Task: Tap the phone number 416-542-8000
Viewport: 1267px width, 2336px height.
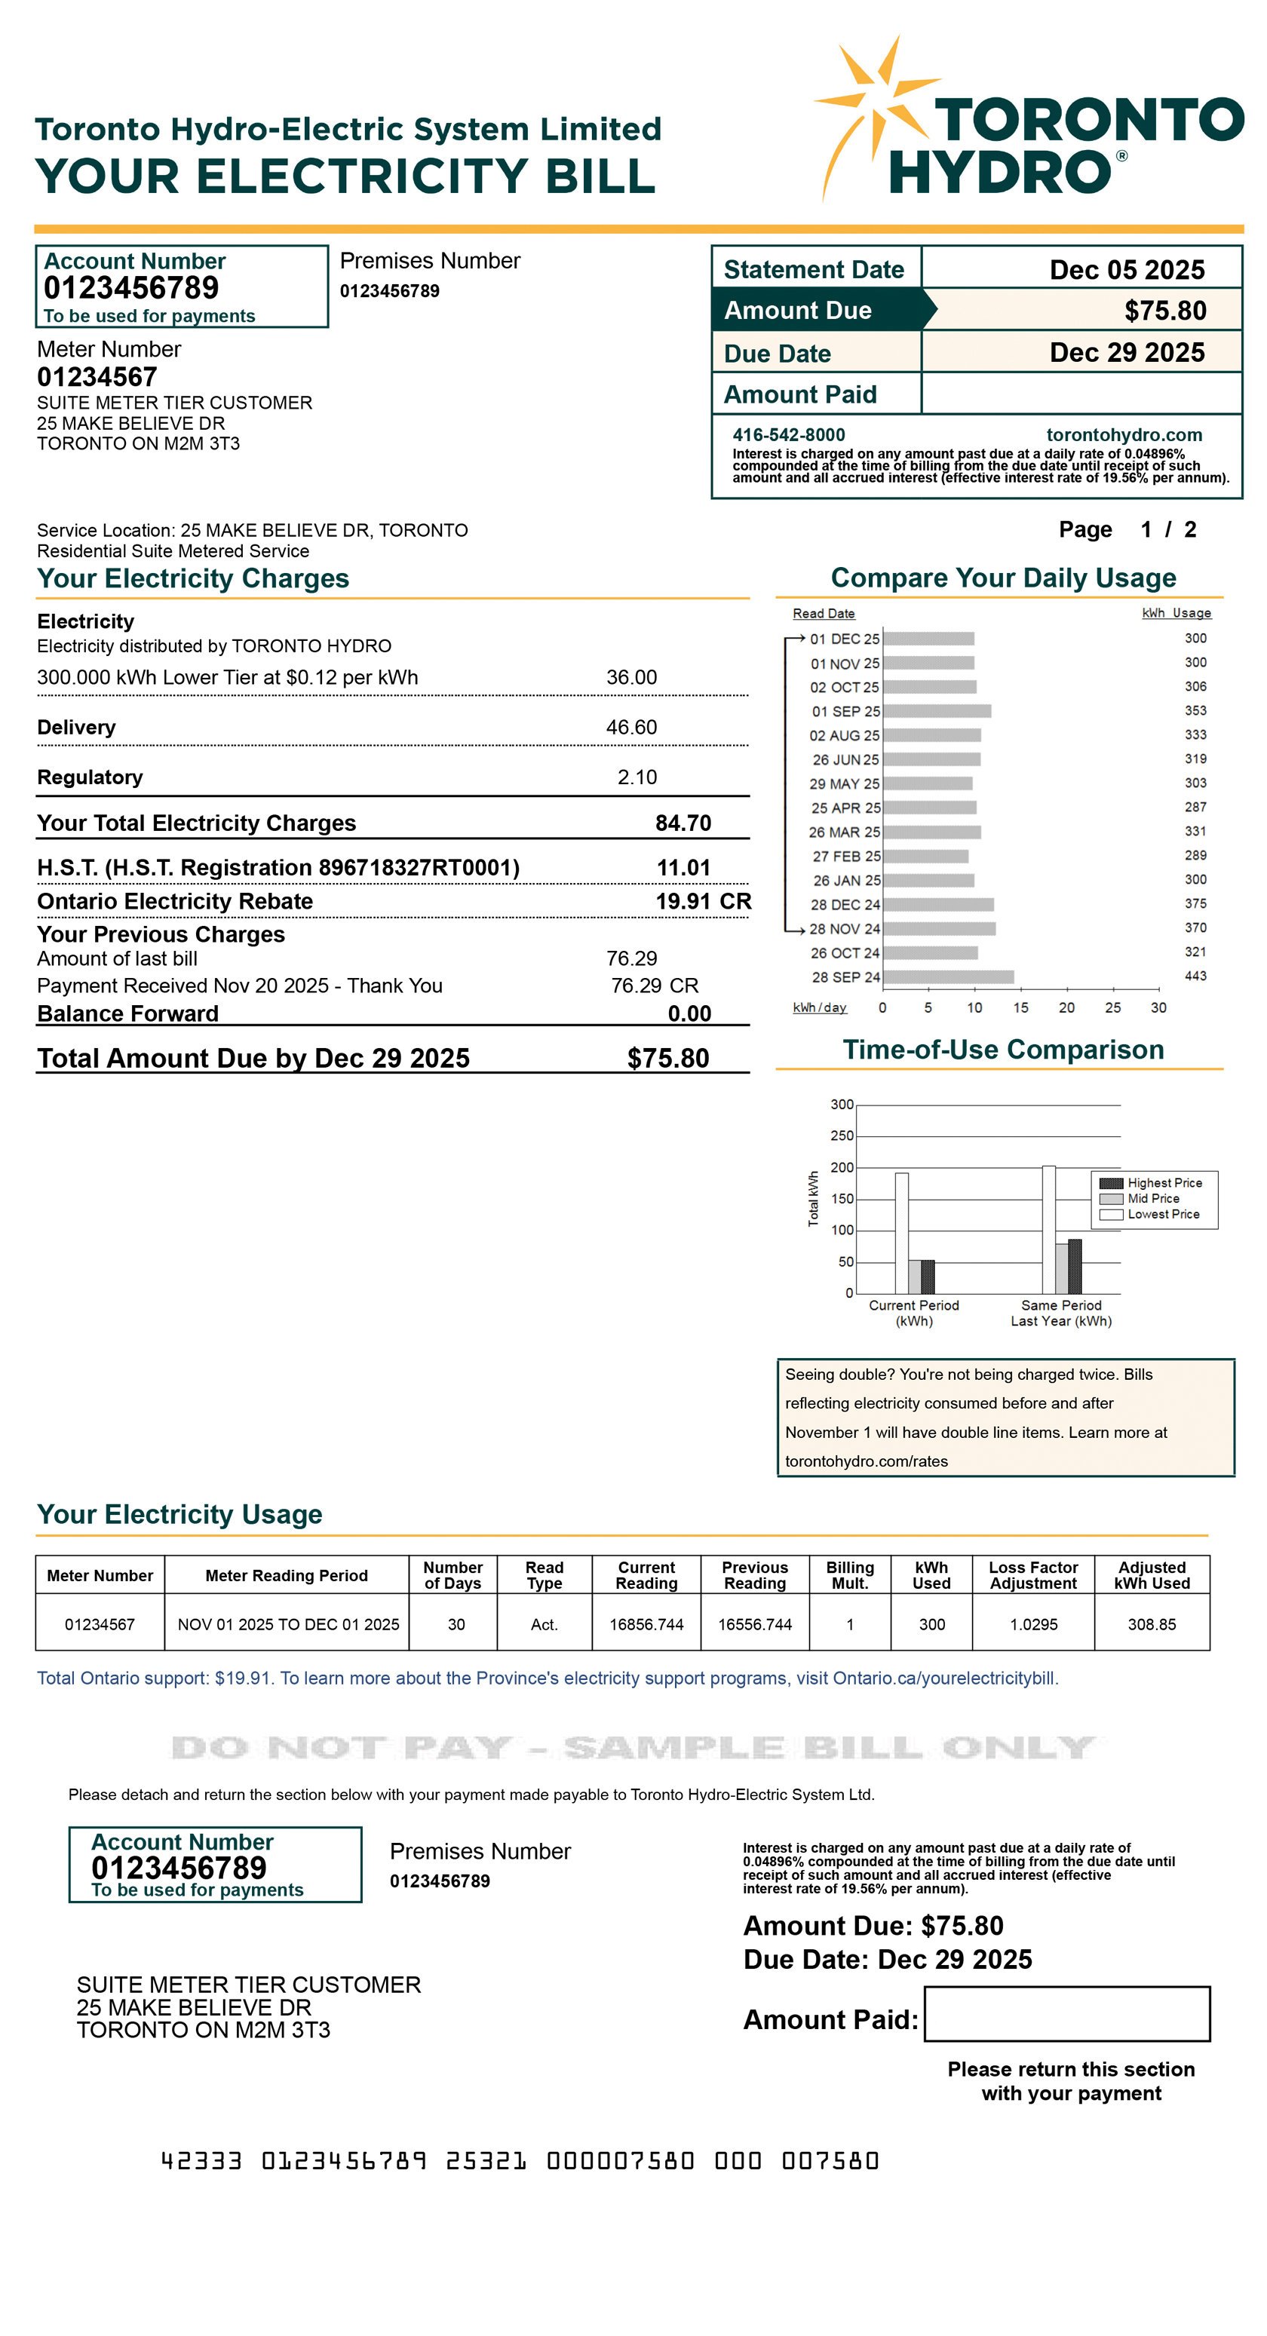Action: [788, 434]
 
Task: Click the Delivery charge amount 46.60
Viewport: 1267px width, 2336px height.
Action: [631, 728]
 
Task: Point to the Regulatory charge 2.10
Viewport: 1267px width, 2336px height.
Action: [637, 777]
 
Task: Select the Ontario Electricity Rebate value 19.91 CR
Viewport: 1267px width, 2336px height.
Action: [703, 900]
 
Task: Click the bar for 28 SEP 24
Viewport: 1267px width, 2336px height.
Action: [948, 976]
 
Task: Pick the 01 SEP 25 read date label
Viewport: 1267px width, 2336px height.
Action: [845, 711]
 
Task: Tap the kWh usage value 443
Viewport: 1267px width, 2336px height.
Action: [1195, 976]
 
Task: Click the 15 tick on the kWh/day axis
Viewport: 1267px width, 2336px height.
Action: [1020, 1007]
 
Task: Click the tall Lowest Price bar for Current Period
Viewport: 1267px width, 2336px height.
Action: [901, 1234]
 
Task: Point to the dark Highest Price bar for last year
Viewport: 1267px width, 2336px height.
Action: [1074, 1266]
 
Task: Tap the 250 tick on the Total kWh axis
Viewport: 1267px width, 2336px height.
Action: [842, 1136]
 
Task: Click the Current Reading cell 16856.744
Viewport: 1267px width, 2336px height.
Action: [646, 1624]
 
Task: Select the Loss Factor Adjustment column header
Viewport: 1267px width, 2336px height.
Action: [1032, 1575]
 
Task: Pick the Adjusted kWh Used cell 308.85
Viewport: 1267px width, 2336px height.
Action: [1151, 1624]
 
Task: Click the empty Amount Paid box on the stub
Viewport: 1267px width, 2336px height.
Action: [1066, 2014]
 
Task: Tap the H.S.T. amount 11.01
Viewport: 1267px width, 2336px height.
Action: [683, 868]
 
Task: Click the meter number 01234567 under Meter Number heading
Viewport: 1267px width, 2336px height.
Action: [97, 376]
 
